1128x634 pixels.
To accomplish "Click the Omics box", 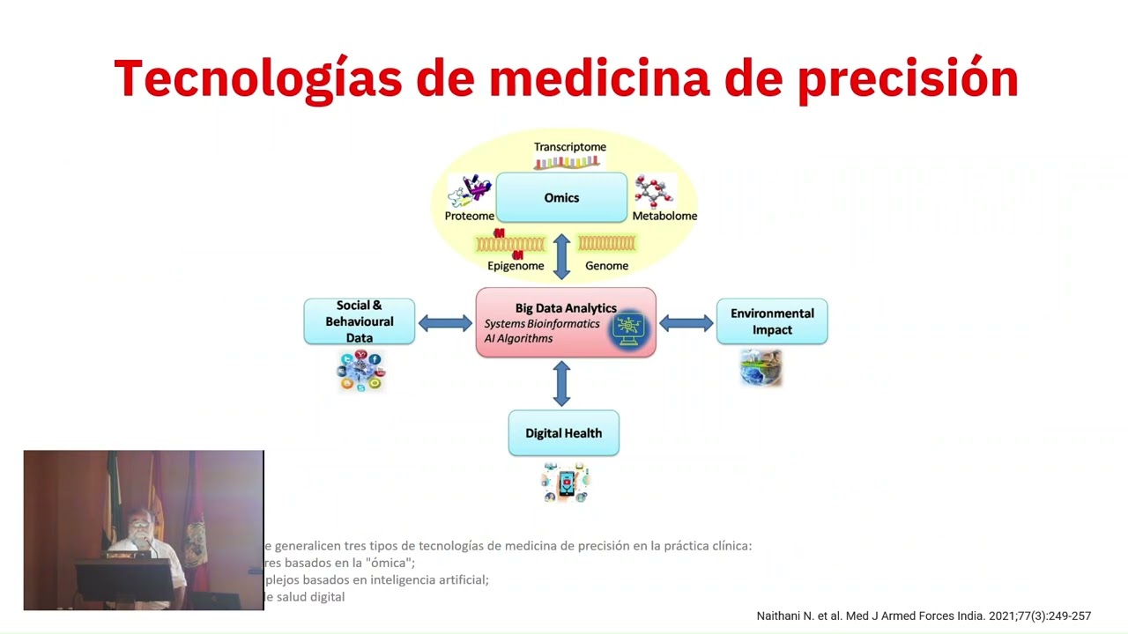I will click(x=561, y=197).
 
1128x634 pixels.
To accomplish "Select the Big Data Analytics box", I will click(x=565, y=322).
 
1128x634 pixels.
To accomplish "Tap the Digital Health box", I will click(x=563, y=433).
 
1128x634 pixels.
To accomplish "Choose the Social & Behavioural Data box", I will click(x=359, y=321).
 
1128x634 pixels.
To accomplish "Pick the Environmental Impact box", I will click(x=771, y=321).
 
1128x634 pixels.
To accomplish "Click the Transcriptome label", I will click(x=569, y=147).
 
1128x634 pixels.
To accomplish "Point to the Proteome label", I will click(x=469, y=216).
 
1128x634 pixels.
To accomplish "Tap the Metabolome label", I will click(x=664, y=216).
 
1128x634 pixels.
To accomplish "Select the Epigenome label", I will click(x=516, y=266).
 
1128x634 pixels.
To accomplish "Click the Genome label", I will click(x=606, y=266).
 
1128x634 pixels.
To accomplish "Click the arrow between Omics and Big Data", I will click(x=561, y=256).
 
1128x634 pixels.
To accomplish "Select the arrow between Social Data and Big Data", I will click(x=445, y=323).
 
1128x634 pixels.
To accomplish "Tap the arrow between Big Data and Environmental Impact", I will click(x=686, y=323).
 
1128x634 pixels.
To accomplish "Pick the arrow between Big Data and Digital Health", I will click(x=561, y=384).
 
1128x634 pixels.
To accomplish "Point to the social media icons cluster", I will click(x=361, y=371).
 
